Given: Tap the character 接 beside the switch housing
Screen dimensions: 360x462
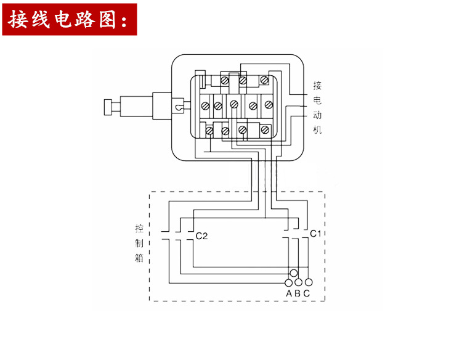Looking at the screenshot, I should tap(317, 85).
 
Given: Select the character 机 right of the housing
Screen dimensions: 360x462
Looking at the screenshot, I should tap(317, 130).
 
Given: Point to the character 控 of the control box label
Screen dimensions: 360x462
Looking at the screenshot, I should tap(139, 227).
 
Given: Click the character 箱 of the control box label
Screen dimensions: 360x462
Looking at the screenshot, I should tap(139, 257).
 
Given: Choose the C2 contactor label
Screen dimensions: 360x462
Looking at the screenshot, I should tap(201, 236).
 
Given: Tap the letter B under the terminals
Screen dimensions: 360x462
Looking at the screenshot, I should tap(298, 293).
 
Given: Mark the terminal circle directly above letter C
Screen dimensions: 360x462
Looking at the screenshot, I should tap(307, 282).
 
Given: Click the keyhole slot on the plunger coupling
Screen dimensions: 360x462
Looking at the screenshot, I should tap(178, 107).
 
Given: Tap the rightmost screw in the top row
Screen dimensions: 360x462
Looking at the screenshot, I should tap(264, 80).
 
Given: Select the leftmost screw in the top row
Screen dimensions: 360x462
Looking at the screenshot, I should tap(225, 80).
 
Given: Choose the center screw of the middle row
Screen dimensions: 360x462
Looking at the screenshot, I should tap(234, 105).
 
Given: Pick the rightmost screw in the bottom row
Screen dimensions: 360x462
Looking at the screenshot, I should tap(264, 130).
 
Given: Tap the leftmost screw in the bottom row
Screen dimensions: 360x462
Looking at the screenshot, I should tap(209, 131).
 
